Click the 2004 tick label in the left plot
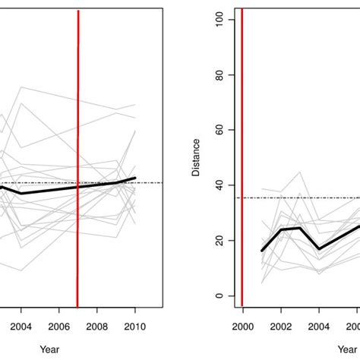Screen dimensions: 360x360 click(x=21, y=326)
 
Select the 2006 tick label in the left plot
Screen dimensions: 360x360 click(x=59, y=326)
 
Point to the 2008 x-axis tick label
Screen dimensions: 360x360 click(x=97, y=326)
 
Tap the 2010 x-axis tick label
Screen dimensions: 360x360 click(x=135, y=326)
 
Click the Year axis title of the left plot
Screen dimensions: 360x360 click(x=49, y=349)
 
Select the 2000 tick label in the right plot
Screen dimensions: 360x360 click(x=242, y=326)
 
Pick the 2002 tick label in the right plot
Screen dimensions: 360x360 click(x=281, y=326)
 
